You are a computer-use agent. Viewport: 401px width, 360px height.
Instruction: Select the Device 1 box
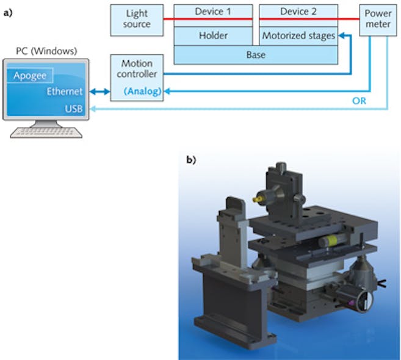pos(213,12)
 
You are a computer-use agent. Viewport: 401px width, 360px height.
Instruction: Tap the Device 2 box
pos(298,12)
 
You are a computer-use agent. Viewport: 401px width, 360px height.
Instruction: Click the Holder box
pos(213,36)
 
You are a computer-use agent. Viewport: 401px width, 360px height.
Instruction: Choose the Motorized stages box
pos(298,36)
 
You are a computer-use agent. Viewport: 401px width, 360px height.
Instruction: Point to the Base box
pos(256,54)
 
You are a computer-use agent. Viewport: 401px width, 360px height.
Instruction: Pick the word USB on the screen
pos(73,109)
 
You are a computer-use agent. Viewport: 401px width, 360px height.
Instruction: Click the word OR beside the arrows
pos(359,101)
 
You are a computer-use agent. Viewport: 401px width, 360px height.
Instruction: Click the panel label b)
pos(191,160)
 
